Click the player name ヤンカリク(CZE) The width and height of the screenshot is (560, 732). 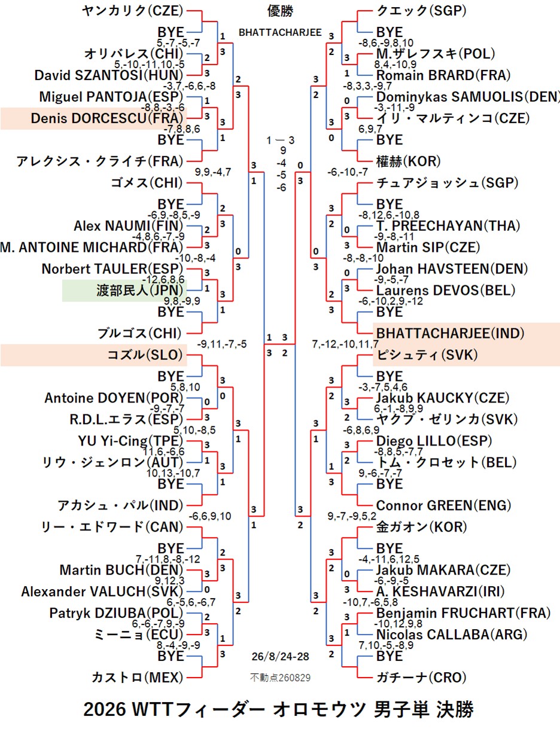pyautogui.click(x=132, y=11)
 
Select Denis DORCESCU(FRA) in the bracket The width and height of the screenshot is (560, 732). pyautogui.click(x=107, y=118)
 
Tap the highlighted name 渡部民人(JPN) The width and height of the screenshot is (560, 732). pyautogui.click(x=140, y=291)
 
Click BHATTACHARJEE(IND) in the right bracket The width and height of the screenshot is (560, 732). pyautogui.click(x=450, y=334)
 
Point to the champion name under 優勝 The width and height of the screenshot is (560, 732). pyautogui.click(x=280, y=33)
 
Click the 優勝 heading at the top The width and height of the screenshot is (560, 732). pyautogui.click(x=280, y=11)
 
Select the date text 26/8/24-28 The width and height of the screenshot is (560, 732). pyautogui.click(x=280, y=656)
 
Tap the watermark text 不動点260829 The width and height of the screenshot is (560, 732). pyautogui.click(x=280, y=678)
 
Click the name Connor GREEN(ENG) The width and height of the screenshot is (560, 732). pyautogui.click(x=443, y=505)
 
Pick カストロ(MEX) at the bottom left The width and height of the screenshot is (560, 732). pyautogui.click(x=138, y=678)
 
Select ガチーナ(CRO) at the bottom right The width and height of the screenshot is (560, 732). pyautogui.click(x=421, y=678)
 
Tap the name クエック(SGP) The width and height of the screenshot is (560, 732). pyautogui.click(x=421, y=11)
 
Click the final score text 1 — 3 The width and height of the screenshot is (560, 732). pyautogui.click(x=280, y=141)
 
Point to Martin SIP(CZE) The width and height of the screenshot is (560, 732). pyautogui.click(x=428, y=248)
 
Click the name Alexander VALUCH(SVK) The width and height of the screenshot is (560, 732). pyautogui.click(x=102, y=591)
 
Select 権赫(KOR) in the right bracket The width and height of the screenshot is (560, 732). pyautogui.click(x=408, y=161)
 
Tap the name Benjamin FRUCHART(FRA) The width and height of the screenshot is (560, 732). pyautogui.click(x=463, y=613)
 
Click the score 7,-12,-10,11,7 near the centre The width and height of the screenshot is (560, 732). pyautogui.click(x=345, y=344)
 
